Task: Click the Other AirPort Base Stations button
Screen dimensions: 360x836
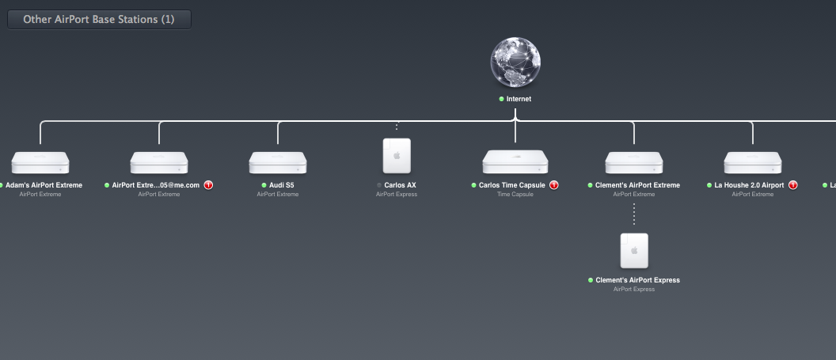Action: (x=99, y=19)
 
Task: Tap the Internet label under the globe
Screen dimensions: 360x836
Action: (x=519, y=99)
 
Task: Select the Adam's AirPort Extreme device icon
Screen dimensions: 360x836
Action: (x=40, y=163)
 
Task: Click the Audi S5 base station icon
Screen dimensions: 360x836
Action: (x=278, y=163)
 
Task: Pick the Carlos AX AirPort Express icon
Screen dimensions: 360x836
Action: (x=397, y=156)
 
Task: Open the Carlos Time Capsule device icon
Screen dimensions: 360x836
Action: (x=515, y=162)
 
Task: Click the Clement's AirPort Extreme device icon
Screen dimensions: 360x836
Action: (x=634, y=163)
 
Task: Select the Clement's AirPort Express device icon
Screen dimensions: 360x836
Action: (x=634, y=251)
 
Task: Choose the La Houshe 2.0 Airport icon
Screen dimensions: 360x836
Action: (x=753, y=163)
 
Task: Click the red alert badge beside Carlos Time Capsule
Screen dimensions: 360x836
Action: (x=554, y=185)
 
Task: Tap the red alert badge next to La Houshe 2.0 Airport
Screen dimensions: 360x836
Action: (x=792, y=185)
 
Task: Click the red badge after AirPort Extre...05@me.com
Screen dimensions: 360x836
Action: (x=209, y=185)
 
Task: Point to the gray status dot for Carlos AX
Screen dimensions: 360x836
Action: (x=379, y=185)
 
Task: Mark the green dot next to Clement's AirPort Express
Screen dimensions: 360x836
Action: (x=591, y=280)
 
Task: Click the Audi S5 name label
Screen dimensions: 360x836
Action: (x=282, y=185)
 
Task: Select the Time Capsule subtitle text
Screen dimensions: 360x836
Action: (x=515, y=194)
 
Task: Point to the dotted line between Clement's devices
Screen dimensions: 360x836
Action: (x=634, y=214)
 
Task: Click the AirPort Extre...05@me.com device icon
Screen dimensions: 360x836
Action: (x=159, y=163)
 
